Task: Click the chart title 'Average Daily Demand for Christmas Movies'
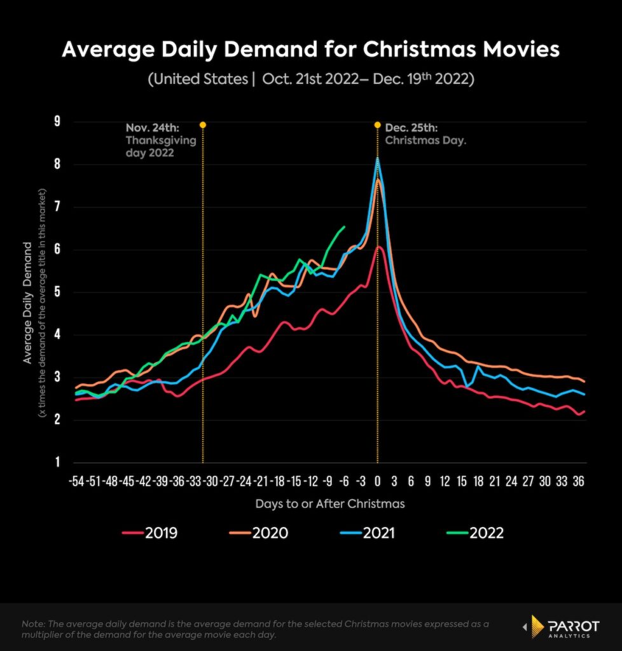tap(310, 50)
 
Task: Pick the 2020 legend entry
tap(262, 533)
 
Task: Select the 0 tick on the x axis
tap(378, 481)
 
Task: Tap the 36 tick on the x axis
tap(578, 481)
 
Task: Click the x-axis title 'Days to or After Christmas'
tap(330, 504)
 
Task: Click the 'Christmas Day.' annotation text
tap(425, 140)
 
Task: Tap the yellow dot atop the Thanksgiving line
tap(203, 125)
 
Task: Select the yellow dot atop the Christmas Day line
tap(377, 125)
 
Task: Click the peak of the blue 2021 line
tap(378, 158)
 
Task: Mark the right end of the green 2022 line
tap(345, 226)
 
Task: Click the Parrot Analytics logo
tap(560, 626)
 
